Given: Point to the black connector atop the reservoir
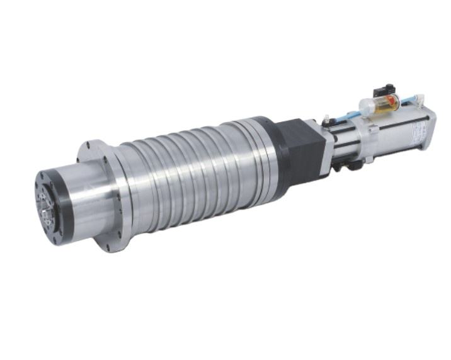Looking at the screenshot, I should tap(384, 89).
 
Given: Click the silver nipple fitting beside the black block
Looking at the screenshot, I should tap(326, 119).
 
